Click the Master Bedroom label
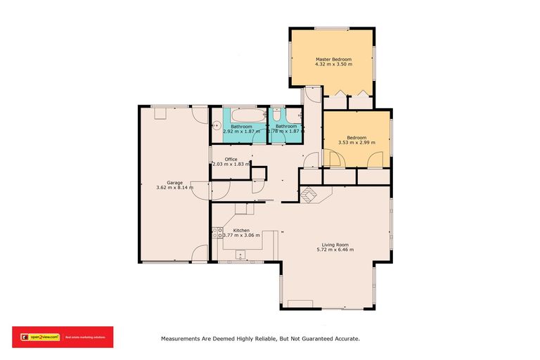333,59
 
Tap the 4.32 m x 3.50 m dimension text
333,65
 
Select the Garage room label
174,182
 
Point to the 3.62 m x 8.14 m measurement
174,188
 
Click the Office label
231,159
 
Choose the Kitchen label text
241,230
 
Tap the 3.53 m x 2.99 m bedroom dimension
356,143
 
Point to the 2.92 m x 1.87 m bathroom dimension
241,131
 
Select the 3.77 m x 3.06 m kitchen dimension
241,236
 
